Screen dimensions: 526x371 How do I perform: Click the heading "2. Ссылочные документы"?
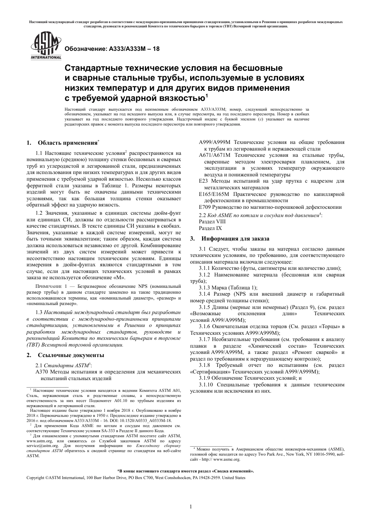[x=65, y=355]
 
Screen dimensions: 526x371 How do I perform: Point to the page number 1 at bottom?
[x=191, y=507]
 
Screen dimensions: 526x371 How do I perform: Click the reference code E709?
[x=205, y=207]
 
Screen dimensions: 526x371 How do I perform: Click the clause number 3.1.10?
[x=207, y=384]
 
